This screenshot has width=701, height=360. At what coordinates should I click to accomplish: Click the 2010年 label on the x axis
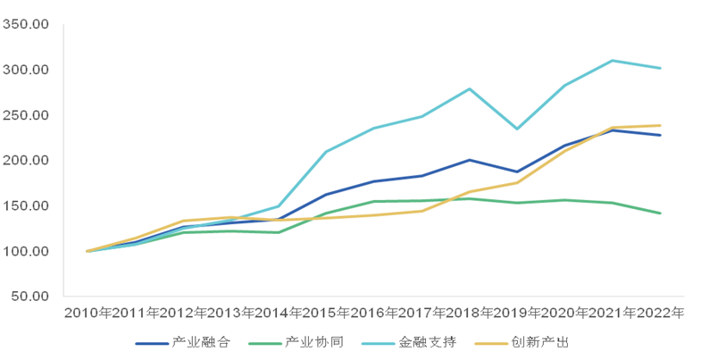(x=87, y=314)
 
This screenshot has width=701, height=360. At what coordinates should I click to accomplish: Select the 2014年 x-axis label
(x=278, y=314)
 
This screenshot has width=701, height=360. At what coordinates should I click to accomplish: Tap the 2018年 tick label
(x=469, y=314)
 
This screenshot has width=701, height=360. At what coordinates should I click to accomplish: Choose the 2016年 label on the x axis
(x=373, y=314)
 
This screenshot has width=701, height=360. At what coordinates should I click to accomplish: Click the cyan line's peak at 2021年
(x=613, y=61)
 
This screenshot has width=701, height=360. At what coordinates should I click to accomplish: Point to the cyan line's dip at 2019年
(x=517, y=129)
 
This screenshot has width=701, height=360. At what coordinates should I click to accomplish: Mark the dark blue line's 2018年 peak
(x=469, y=160)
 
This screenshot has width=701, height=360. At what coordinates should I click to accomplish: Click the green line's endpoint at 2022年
(x=660, y=213)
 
